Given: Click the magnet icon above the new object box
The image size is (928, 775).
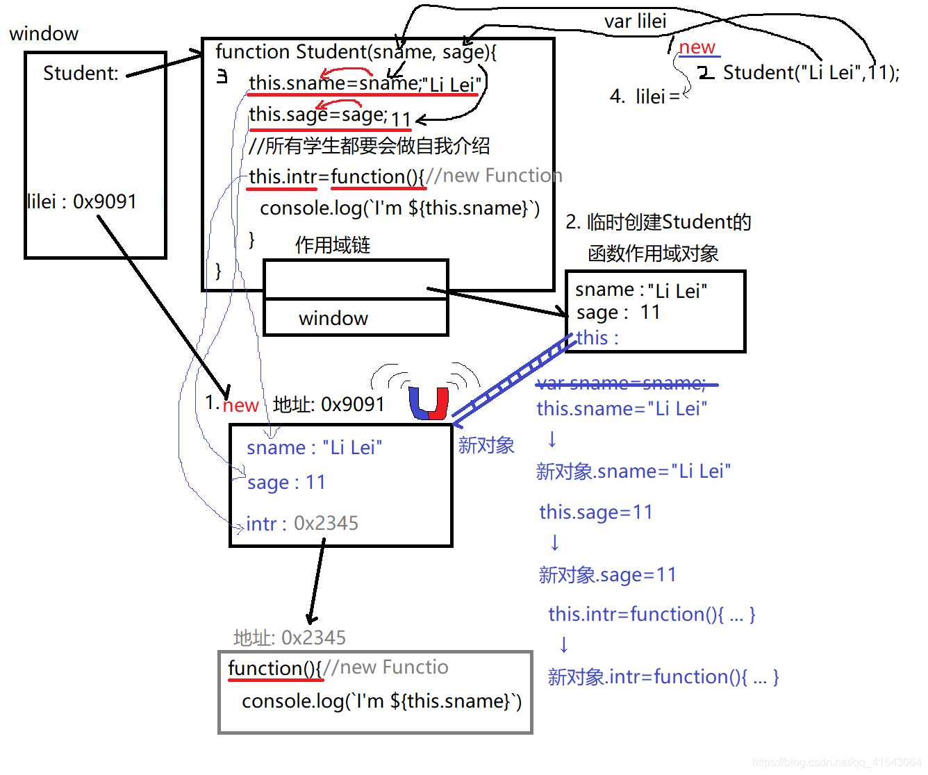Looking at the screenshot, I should (429, 403).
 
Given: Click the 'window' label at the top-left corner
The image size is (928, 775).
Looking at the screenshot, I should (44, 33).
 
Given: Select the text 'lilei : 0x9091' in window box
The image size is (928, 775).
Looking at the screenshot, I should (82, 201).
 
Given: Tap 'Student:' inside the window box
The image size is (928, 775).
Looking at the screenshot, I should (81, 73).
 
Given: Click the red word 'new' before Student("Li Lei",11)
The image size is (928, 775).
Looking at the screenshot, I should (697, 47).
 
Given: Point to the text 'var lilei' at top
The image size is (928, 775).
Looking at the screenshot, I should (635, 21).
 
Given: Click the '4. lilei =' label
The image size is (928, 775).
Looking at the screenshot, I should (644, 96).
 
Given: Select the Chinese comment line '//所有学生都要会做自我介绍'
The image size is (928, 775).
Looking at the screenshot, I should (369, 146).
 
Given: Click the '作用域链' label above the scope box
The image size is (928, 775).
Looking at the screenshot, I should (333, 245).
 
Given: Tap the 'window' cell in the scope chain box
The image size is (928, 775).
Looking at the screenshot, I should (333, 318).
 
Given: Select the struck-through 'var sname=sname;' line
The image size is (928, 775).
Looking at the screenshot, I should (622, 383).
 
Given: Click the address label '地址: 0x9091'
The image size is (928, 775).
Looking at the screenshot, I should (329, 404).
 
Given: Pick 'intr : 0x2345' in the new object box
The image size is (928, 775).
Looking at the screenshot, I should (302, 523).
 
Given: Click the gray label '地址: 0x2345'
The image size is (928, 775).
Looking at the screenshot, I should (290, 637).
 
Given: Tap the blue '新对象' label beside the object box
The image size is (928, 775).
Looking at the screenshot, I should (486, 445).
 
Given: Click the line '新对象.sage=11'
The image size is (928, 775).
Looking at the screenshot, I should (607, 575).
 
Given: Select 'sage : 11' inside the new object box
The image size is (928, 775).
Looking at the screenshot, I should (286, 482).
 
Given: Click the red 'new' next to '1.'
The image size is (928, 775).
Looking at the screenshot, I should (240, 405).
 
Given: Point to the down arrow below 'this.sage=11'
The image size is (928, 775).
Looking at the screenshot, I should (554, 543).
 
